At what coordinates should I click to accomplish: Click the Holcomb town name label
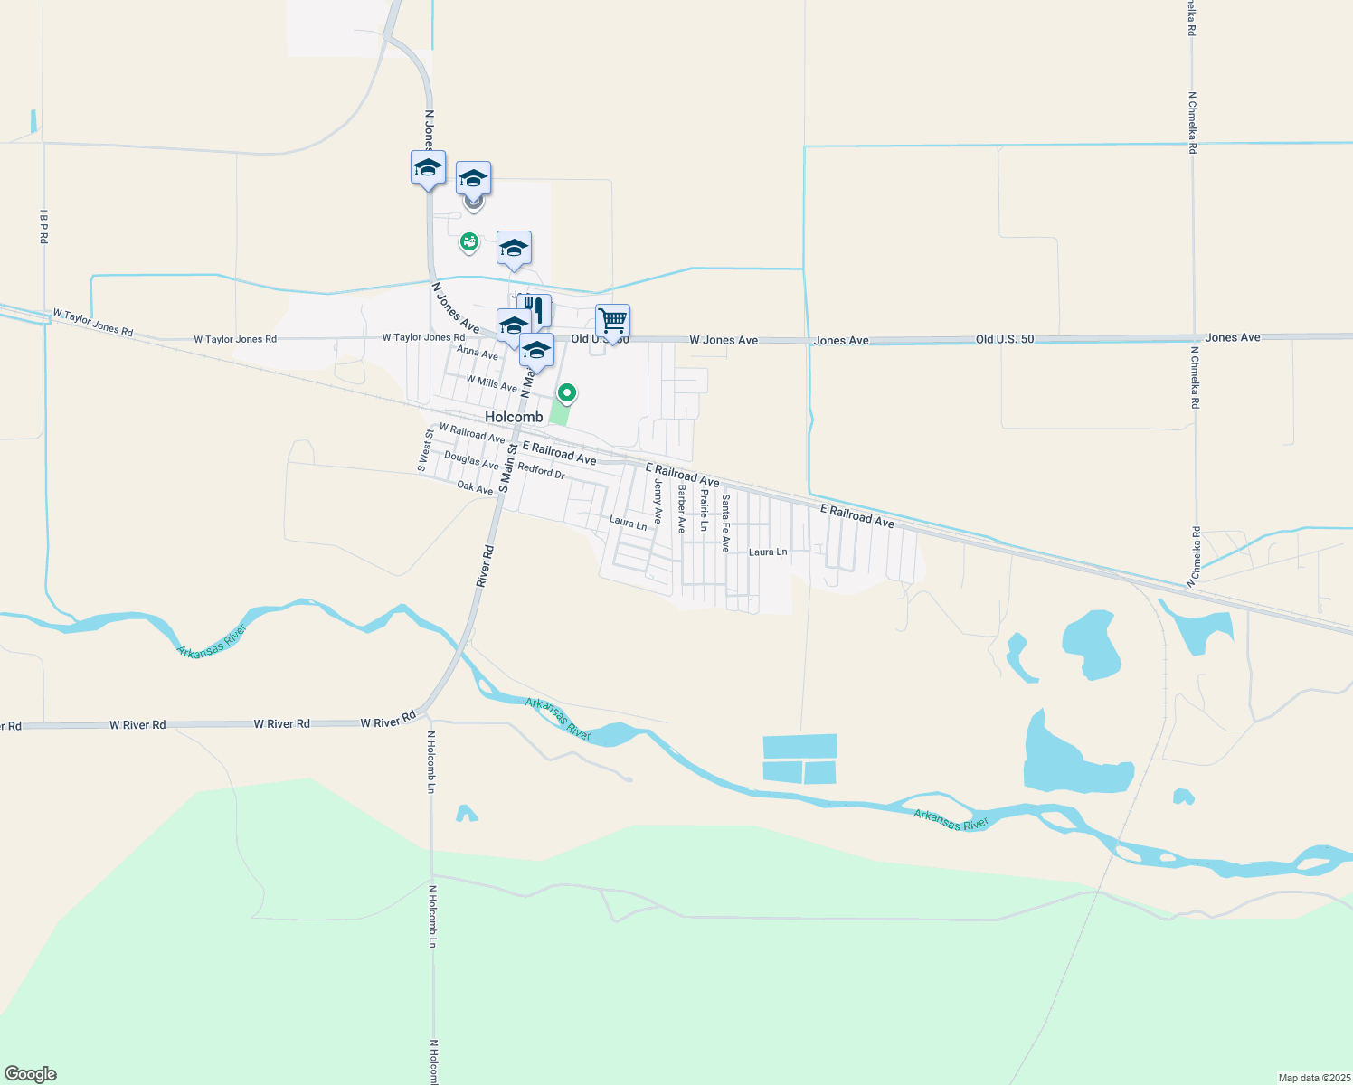514,417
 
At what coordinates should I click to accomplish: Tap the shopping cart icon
612,321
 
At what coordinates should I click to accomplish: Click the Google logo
31,1074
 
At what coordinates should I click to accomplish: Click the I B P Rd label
43,226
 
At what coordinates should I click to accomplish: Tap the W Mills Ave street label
491,383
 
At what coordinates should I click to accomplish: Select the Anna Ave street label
478,353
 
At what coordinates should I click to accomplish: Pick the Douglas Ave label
471,460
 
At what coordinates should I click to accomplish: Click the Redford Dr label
541,471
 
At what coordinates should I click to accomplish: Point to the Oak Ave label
475,487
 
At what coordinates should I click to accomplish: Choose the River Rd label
486,566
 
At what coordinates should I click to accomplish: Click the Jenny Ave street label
658,502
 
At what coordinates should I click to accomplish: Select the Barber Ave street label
682,508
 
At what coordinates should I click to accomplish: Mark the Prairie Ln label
705,509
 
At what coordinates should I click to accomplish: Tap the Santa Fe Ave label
725,523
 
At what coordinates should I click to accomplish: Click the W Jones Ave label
724,340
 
